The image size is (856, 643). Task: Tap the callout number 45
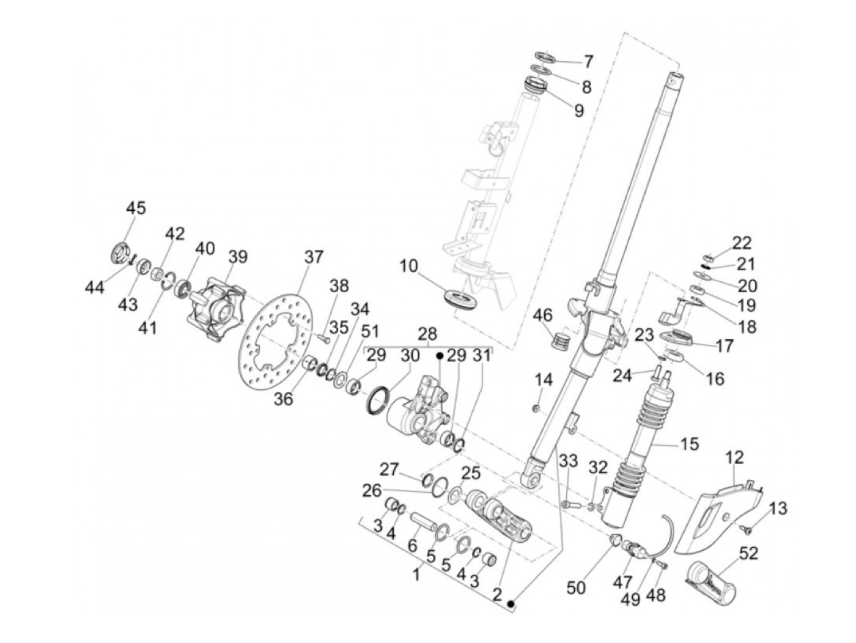click(x=136, y=208)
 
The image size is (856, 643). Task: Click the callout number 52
click(x=748, y=554)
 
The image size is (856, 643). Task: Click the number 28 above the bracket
click(x=427, y=334)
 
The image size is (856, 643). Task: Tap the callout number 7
click(x=588, y=61)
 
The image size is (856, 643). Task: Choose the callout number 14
click(x=544, y=380)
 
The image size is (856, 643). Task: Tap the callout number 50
click(x=576, y=587)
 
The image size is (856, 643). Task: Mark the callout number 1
click(x=416, y=575)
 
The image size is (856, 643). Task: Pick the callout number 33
click(x=569, y=461)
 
